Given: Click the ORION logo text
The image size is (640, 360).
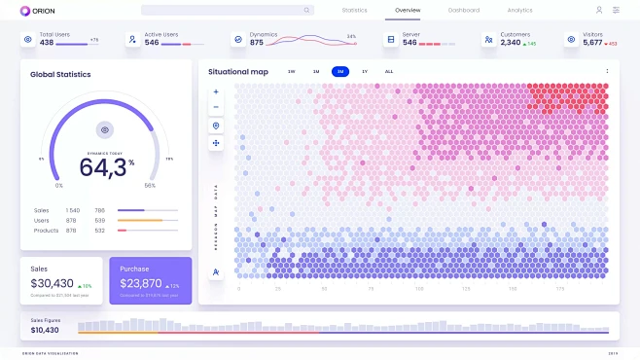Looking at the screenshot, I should (x=43, y=10).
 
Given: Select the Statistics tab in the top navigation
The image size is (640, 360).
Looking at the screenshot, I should (x=354, y=10).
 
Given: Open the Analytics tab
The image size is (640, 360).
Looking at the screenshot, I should (x=519, y=10).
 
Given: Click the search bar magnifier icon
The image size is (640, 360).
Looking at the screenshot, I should (x=307, y=10).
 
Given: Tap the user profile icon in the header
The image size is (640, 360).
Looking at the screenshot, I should (x=599, y=10).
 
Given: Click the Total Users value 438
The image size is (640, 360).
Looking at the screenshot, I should (x=47, y=43).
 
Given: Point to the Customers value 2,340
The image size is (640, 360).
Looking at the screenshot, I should (x=510, y=43).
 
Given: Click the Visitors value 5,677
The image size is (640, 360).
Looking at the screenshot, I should (x=592, y=43).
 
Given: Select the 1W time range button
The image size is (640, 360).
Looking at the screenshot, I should (x=292, y=72).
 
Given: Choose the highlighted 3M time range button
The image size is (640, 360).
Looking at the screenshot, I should (x=339, y=72).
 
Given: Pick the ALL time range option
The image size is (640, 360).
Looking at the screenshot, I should (x=389, y=72).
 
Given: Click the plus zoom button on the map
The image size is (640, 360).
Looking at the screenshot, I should (x=216, y=92).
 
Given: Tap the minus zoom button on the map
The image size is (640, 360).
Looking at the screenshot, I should (x=216, y=108).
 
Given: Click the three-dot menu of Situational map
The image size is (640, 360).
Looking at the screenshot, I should (x=608, y=71).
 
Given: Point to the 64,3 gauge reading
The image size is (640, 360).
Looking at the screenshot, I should (x=102, y=166).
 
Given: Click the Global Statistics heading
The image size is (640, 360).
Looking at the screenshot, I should (x=60, y=74).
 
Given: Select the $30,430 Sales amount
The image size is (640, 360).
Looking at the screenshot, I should (x=52, y=283).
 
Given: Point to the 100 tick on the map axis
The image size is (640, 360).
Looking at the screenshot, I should (x=420, y=289).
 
